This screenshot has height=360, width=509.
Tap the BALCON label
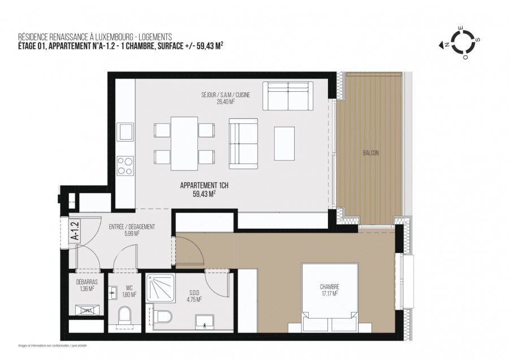click(370, 153)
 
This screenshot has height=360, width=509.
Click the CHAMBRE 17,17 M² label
click(329, 290)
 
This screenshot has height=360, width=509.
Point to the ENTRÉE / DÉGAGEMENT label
click(132, 230)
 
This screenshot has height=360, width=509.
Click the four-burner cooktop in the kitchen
click(125, 166)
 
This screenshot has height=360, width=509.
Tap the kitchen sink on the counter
click(125, 133)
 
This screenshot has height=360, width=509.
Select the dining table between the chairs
click(184, 143)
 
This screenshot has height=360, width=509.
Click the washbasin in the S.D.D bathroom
click(202, 323)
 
